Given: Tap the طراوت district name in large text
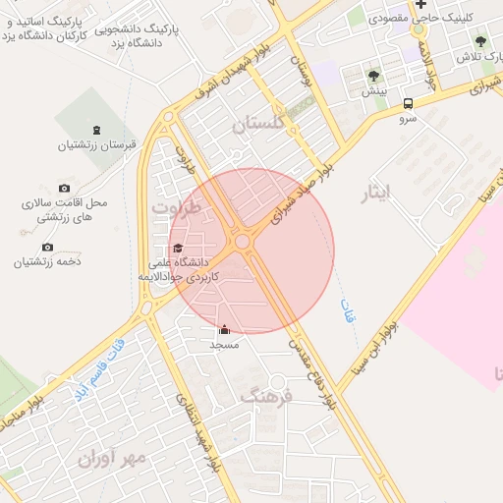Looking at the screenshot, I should click(x=177, y=208).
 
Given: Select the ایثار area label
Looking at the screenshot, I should click(x=377, y=193).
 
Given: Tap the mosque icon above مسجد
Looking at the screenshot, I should click(x=224, y=330).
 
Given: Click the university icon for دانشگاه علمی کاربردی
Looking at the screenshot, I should click(x=177, y=249).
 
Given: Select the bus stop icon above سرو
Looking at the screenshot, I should click(x=408, y=102).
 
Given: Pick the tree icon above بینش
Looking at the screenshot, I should click(x=373, y=75).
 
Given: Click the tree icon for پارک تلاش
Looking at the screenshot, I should click(x=480, y=41).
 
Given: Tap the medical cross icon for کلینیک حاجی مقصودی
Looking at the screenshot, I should click(x=420, y=4).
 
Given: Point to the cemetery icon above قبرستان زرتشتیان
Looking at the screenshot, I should click(x=96, y=129).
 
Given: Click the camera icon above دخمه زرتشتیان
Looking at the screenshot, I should click(x=47, y=247).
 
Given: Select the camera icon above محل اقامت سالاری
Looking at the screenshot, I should click(x=65, y=188).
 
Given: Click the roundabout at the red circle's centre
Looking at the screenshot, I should click(x=242, y=241).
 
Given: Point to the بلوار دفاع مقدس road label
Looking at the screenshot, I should click(x=312, y=373).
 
